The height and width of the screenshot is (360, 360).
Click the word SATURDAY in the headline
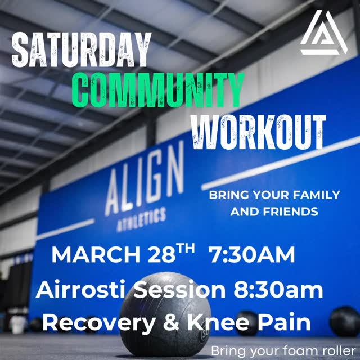82,50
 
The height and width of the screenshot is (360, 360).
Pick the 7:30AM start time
251,255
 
